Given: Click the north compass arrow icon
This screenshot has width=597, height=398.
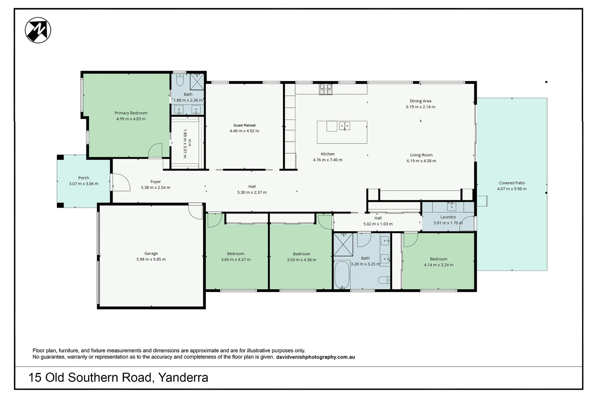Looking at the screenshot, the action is coord(38,30).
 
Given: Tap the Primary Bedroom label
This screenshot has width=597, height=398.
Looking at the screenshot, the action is coord(131,113).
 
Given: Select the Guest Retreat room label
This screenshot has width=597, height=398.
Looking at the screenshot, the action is coord(244,125).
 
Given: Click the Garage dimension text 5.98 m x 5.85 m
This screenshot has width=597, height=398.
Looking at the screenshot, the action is coord(151,259).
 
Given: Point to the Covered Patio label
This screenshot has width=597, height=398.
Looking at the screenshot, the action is coord(512,183).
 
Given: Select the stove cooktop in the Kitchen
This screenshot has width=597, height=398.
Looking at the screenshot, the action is coord(326,89).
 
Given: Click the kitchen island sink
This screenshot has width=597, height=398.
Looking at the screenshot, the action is coord(344,126).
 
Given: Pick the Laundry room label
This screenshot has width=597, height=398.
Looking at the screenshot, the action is coord(448,217).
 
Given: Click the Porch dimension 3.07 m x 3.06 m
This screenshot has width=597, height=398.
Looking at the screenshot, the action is coord(84,184).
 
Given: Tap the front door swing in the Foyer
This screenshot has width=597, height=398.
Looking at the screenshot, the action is coord(121,182).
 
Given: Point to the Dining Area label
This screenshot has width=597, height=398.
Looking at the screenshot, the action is coord(421,101).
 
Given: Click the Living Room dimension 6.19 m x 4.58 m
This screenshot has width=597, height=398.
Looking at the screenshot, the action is coord(421,161).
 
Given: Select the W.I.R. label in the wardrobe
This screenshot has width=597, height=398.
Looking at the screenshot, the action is coord(190,143).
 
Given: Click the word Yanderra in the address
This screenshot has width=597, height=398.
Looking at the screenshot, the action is coord(183,377).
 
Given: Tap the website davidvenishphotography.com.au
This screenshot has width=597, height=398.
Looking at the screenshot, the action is coord(316,357).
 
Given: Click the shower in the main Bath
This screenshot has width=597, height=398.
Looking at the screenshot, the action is coord(343,245).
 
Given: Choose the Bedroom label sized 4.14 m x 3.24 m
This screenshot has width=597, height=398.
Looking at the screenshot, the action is coord(439,259).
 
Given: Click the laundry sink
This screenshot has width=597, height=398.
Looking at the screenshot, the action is coord(452,206).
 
